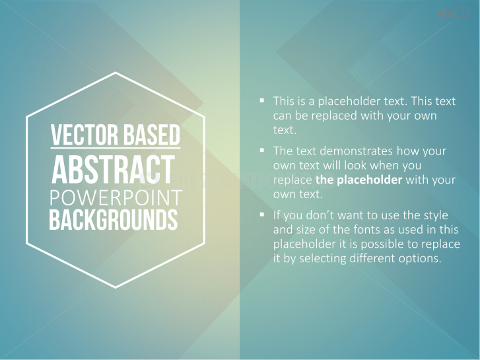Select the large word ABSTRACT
(x=114, y=170)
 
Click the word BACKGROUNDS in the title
(x=113, y=220)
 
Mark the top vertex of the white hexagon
(x=116, y=73)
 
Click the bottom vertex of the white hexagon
(x=116, y=287)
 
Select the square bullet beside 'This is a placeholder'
(x=261, y=100)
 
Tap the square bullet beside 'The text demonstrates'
(x=261, y=150)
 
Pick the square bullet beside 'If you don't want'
(x=261, y=215)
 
